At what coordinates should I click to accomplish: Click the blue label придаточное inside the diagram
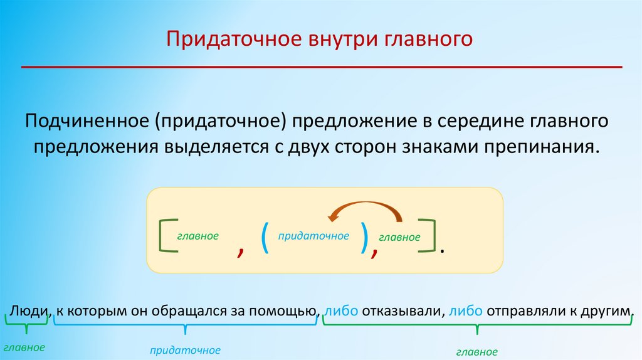pyautogui.click(x=313, y=236)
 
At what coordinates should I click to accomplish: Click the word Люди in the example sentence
pyautogui.click(x=28, y=311)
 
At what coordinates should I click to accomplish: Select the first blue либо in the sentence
pyautogui.click(x=342, y=311)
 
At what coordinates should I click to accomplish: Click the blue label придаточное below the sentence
pyautogui.click(x=186, y=349)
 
